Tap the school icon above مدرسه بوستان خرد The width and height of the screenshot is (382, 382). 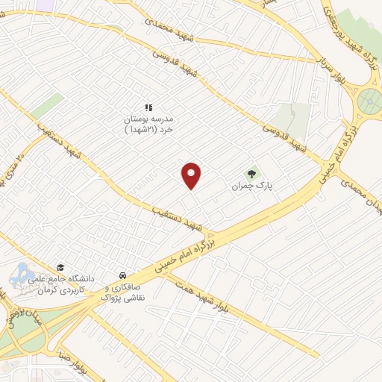pyautogui.click(x=148, y=107)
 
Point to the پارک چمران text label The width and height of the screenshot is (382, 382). pyautogui.click(x=248, y=184)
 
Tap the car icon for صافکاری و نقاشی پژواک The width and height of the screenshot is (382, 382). pyautogui.click(x=122, y=275)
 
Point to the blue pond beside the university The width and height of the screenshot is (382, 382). pyautogui.click(x=22, y=274)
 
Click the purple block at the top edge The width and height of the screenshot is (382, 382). pyautogui.click(x=45, y=4)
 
